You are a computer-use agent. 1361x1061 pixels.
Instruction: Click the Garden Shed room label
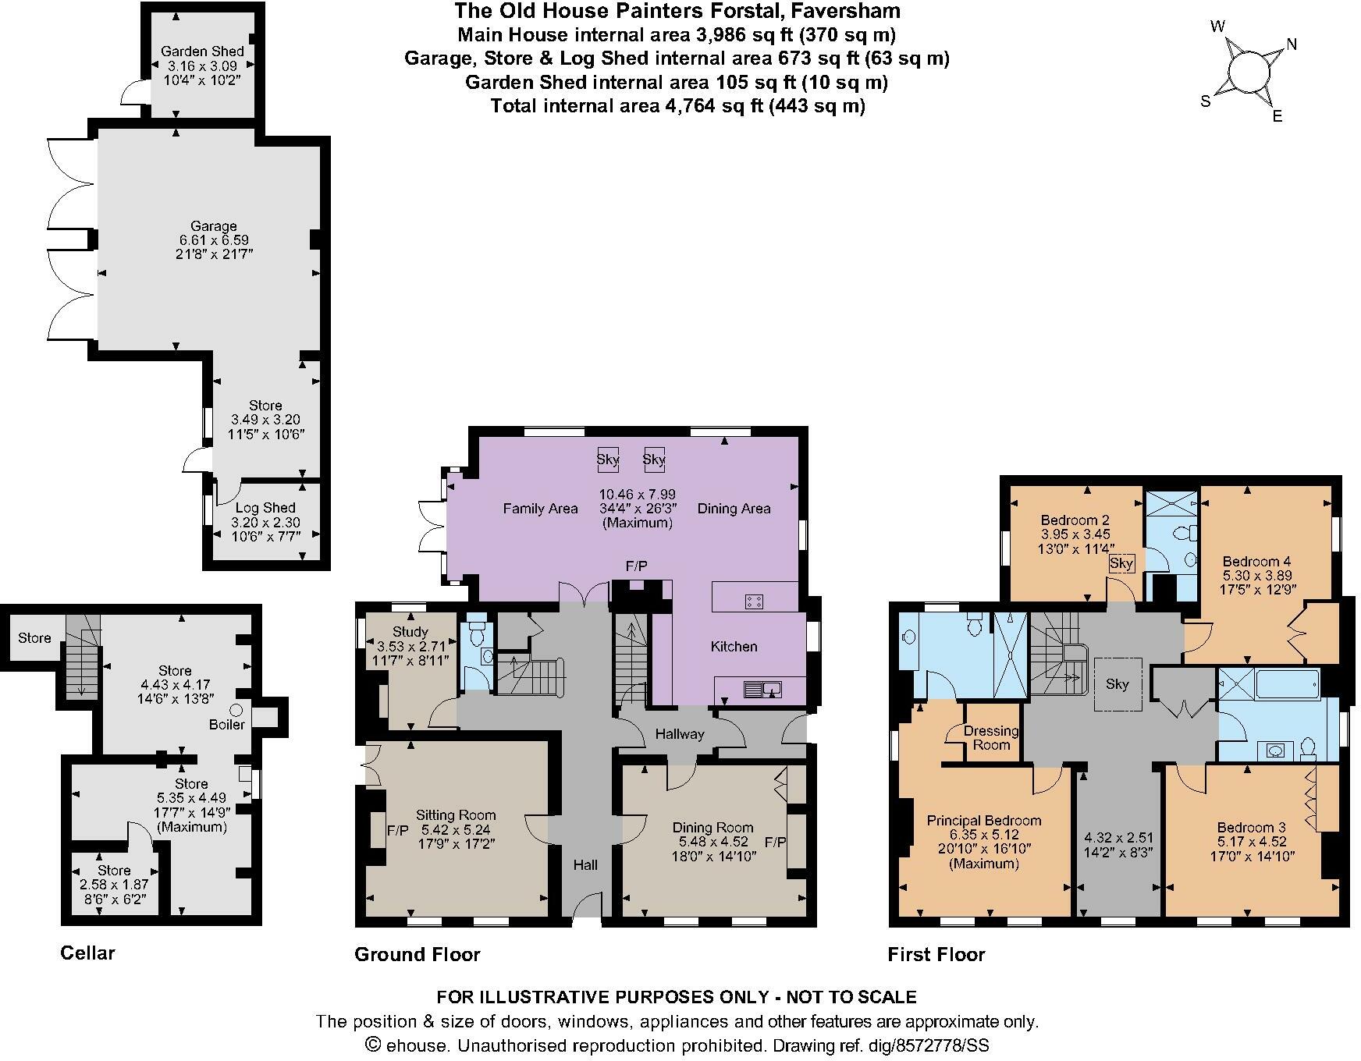coord(202,51)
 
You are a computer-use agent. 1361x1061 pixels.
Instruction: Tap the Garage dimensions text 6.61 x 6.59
coord(213,240)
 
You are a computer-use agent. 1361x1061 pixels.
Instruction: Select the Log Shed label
coord(265,508)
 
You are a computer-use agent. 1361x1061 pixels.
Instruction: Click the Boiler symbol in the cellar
coord(236,711)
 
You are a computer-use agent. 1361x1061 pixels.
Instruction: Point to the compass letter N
coord(1292,44)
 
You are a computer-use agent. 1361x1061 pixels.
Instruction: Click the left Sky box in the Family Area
coord(607,460)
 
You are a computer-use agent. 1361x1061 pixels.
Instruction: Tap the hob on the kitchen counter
coord(755,601)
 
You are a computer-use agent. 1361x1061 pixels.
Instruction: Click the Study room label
coord(410,632)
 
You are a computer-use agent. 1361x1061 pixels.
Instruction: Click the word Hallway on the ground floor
coord(679,734)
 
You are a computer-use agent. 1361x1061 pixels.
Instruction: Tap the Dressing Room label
coord(991,737)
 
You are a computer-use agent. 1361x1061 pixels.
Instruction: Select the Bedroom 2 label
coord(1075,520)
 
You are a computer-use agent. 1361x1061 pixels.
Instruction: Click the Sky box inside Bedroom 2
coord(1121,563)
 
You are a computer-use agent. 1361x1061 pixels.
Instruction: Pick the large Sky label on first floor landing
coord(1117,684)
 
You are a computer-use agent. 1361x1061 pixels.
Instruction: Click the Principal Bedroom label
coord(983,821)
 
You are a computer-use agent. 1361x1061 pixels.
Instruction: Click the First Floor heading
coord(936,954)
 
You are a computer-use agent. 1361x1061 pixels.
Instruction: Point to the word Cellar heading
coord(87,953)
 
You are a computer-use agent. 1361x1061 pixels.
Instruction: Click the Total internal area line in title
coord(677,105)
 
